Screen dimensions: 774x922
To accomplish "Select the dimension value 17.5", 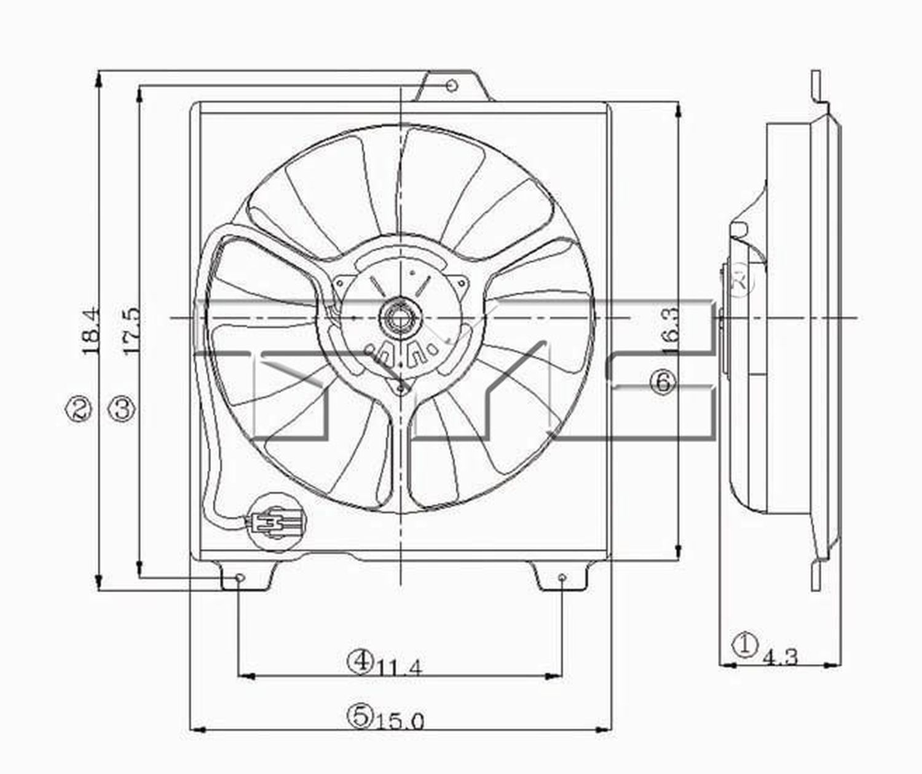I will coord(131,332).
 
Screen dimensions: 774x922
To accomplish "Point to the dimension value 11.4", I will coord(400,666).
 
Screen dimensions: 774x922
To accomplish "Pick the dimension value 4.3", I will coord(780,657).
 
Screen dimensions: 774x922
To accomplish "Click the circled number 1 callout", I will coord(744,646).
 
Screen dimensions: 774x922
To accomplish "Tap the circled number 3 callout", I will coord(122,408).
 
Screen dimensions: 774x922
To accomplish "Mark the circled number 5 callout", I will coord(360,714).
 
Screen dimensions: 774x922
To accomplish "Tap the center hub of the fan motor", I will coord(400,318).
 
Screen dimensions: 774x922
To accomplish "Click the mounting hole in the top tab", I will coord(451,85).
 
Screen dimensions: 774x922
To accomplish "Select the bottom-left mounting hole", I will coord(240,578).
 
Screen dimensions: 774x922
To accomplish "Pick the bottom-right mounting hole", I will coord(562,578).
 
